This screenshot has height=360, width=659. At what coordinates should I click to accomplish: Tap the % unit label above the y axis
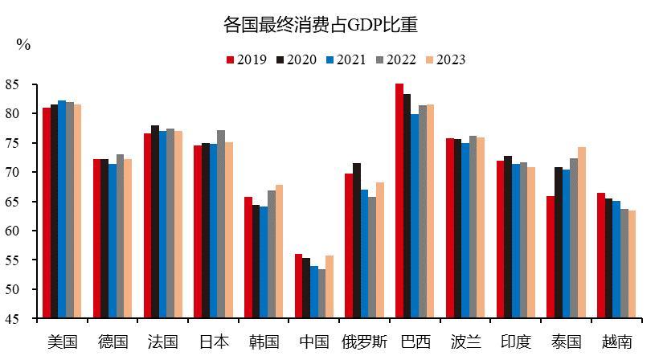(x=23, y=45)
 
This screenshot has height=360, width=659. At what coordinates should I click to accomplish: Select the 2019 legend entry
(x=248, y=59)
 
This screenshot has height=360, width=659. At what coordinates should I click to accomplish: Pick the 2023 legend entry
(x=445, y=59)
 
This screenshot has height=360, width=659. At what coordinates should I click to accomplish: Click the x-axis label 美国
(x=63, y=342)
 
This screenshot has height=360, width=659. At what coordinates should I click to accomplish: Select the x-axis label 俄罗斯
(x=365, y=342)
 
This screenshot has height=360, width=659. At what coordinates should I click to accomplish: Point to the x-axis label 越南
(x=617, y=342)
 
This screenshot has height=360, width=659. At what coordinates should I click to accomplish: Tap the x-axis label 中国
(x=314, y=342)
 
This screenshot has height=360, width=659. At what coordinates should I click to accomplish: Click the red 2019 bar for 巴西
(x=399, y=201)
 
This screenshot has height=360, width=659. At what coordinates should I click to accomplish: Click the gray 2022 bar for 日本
(x=221, y=224)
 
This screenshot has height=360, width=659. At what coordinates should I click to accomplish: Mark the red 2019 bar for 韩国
(x=248, y=257)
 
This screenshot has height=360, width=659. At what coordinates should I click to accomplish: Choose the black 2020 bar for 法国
(x=155, y=222)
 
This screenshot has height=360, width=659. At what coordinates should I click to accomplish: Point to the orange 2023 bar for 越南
(x=632, y=264)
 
